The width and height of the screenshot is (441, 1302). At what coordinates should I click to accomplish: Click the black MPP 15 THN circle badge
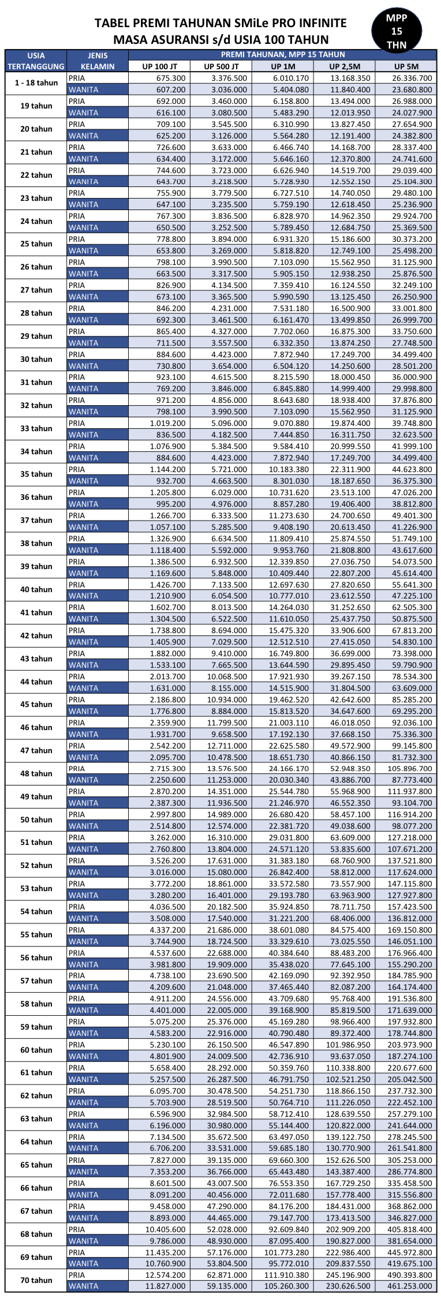click(x=397, y=31)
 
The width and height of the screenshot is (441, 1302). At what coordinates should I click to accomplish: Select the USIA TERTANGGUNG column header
click(x=36, y=61)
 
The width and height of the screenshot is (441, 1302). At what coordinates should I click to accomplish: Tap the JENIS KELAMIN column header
click(x=98, y=61)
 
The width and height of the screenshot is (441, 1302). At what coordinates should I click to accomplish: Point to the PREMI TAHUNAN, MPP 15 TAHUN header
click(x=282, y=55)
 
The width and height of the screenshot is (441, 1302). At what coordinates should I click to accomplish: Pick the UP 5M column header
click(x=406, y=66)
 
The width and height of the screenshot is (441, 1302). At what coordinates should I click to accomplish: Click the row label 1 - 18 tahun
click(x=36, y=83)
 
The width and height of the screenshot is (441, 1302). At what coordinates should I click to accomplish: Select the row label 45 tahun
click(x=36, y=705)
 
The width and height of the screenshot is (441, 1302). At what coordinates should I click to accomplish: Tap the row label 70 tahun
click(x=36, y=1280)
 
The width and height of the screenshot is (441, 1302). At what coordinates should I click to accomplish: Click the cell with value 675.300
click(x=171, y=78)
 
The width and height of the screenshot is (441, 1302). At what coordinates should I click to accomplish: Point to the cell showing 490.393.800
click(x=410, y=1275)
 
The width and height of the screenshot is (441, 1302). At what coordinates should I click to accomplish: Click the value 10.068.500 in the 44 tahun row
click(x=227, y=676)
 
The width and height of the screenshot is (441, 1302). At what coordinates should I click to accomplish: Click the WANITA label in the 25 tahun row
click(x=84, y=250)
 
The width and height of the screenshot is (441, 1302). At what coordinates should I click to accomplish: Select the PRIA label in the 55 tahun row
click(x=77, y=930)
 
